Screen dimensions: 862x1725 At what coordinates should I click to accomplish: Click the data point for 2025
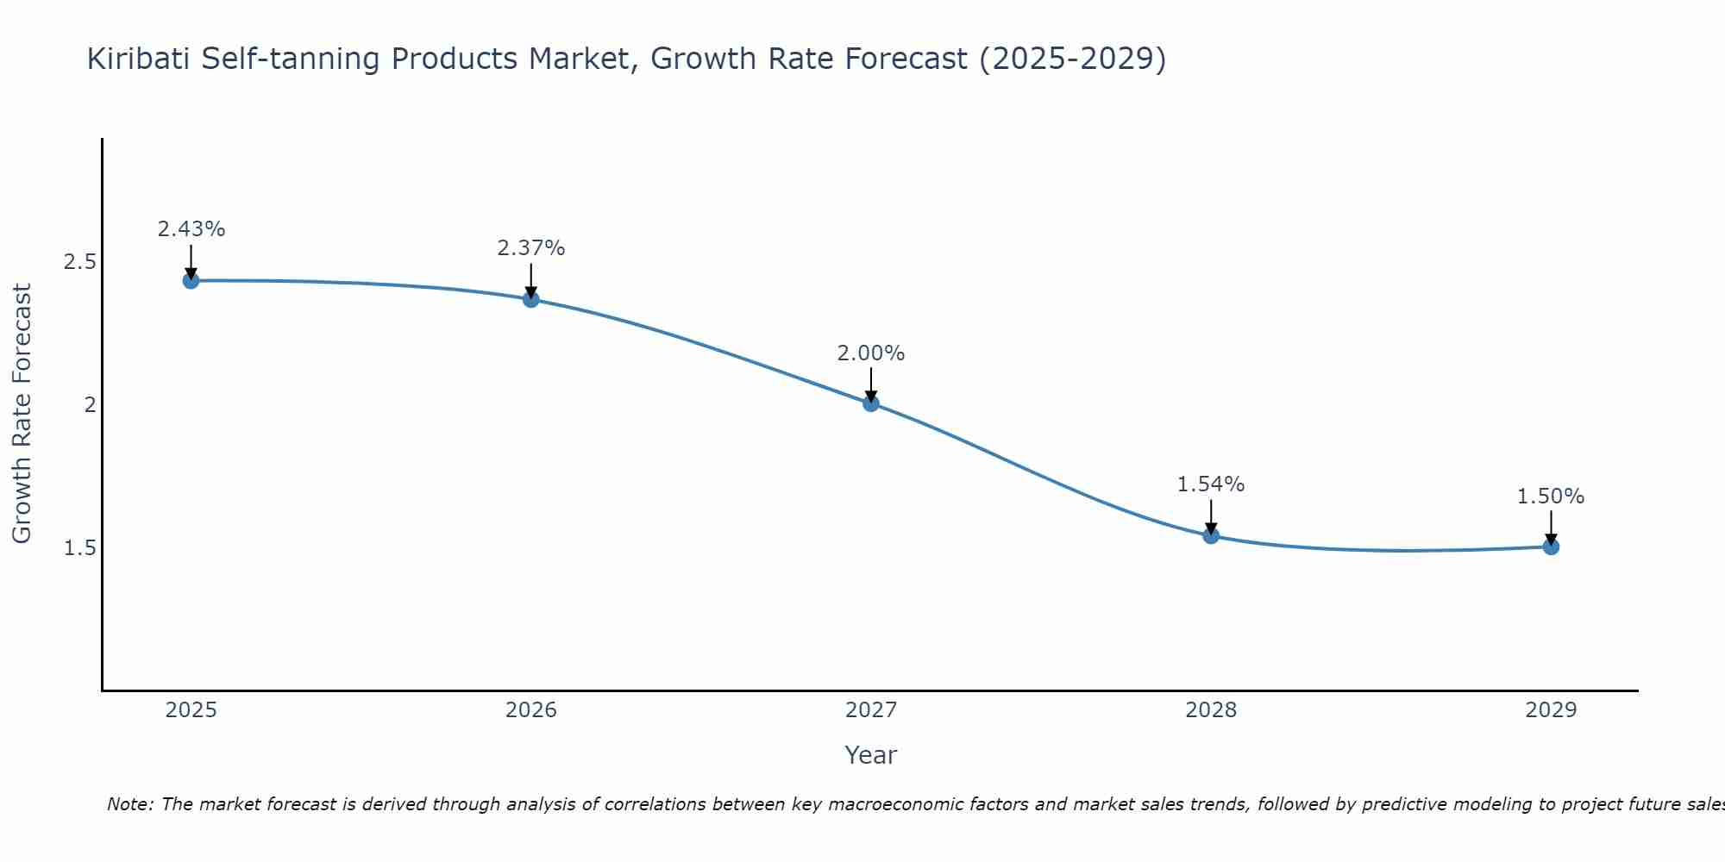191,280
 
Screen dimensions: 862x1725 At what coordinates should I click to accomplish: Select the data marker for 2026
531,299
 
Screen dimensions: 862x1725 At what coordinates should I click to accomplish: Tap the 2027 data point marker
871,403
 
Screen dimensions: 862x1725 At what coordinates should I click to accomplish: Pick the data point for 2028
1211,535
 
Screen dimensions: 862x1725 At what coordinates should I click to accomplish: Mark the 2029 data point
1551,547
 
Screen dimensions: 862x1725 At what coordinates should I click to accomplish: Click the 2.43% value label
191,229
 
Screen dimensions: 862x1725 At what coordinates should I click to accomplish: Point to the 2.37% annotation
531,248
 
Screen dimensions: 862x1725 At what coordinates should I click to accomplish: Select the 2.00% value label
871,353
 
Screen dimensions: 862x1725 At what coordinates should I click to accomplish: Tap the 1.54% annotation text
1211,484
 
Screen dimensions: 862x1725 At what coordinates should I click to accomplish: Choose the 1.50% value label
1551,497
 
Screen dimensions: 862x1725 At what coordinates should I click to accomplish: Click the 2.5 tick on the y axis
79,262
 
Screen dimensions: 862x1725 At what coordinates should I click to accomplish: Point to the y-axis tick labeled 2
90,404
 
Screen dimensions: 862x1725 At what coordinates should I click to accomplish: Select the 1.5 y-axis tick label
79,548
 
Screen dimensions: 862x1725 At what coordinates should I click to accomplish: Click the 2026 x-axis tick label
531,710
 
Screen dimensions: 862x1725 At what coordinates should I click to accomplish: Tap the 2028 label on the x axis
1211,710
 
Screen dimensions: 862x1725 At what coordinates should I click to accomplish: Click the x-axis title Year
871,755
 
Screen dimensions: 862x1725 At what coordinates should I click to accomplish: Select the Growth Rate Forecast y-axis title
22,414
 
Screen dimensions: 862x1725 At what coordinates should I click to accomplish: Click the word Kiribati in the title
140,59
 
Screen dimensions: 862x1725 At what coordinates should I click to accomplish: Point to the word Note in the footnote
129,804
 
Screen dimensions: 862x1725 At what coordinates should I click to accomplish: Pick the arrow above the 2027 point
871,384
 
